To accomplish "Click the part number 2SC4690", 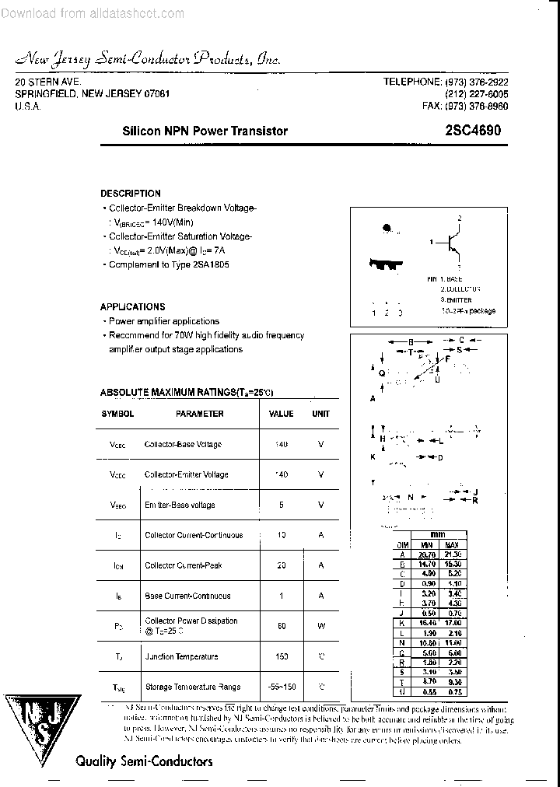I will point(470,131).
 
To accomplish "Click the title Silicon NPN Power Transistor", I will point(205,131).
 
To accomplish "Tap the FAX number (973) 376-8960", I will point(465,106).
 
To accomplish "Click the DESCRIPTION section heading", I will point(131,193).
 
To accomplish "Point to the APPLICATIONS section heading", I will point(133,306).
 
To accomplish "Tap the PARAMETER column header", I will point(199,414).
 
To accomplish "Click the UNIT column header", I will point(320,414).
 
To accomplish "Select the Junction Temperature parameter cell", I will point(181,657).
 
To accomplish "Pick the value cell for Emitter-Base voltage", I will point(281,505).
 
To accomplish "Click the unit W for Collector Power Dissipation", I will point(320,626).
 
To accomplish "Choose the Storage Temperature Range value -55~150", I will point(281,687).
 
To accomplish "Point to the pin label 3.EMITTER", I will point(456,299).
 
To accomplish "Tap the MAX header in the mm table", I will point(452,544).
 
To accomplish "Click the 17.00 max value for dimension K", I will point(452,624).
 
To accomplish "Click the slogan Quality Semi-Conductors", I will point(144,761).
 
